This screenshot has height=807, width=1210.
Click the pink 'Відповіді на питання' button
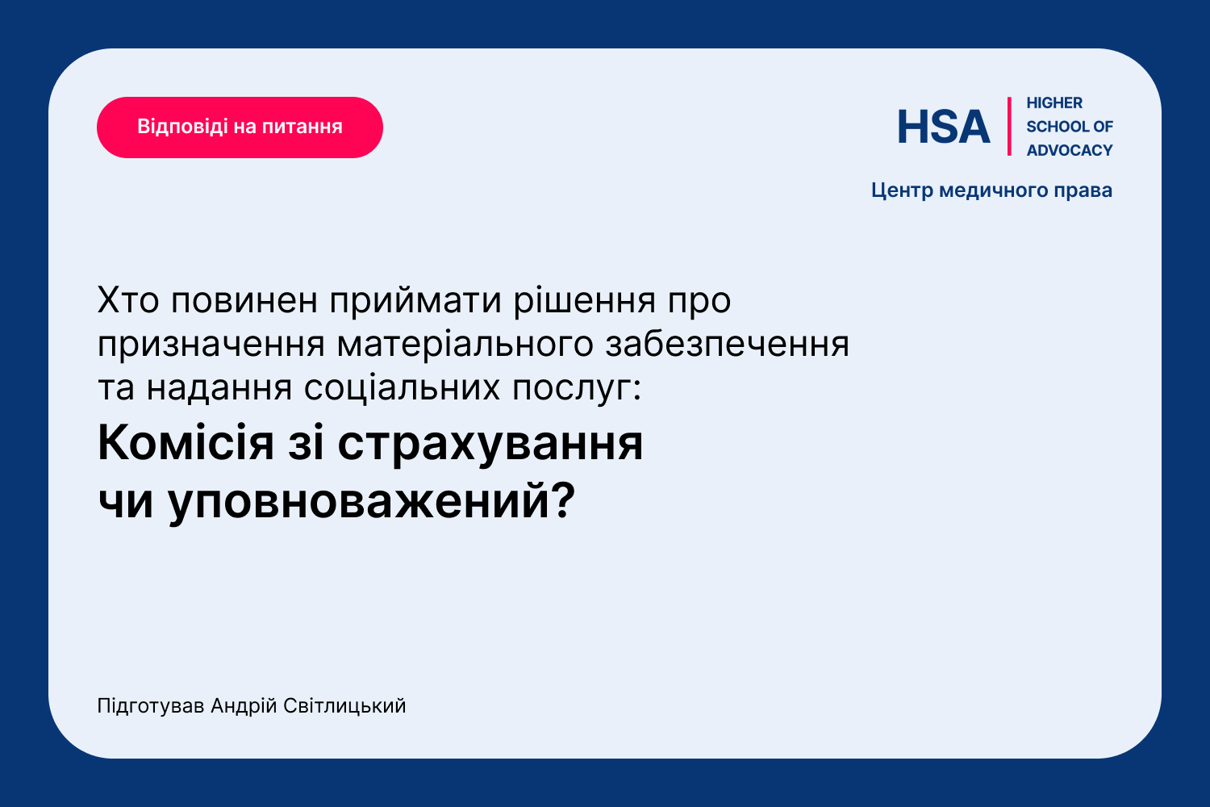[x=240, y=127]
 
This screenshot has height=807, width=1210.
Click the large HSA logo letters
[x=943, y=127]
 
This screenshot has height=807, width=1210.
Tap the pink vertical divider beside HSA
[x=1009, y=127]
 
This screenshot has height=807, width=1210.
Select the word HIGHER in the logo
[x=1054, y=102]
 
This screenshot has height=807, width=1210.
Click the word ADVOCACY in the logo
[x=1070, y=150]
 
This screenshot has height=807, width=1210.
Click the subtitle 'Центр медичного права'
[x=991, y=190]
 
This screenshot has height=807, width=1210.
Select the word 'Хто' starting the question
[x=128, y=300]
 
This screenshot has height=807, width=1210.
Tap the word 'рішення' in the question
[x=585, y=301]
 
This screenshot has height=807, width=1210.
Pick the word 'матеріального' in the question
[x=465, y=345]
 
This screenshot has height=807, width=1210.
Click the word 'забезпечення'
[x=727, y=345]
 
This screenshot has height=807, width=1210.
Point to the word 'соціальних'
[x=402, y=388]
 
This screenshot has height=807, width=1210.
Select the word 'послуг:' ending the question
[x=577, y=389]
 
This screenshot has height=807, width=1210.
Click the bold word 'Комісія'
[x=186, y=443]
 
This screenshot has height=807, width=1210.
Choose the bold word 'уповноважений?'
[x=371, y=503]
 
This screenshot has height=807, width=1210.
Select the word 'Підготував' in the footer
[x=151, y=706]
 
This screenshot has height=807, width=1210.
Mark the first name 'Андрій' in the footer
[x=244, y=706]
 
